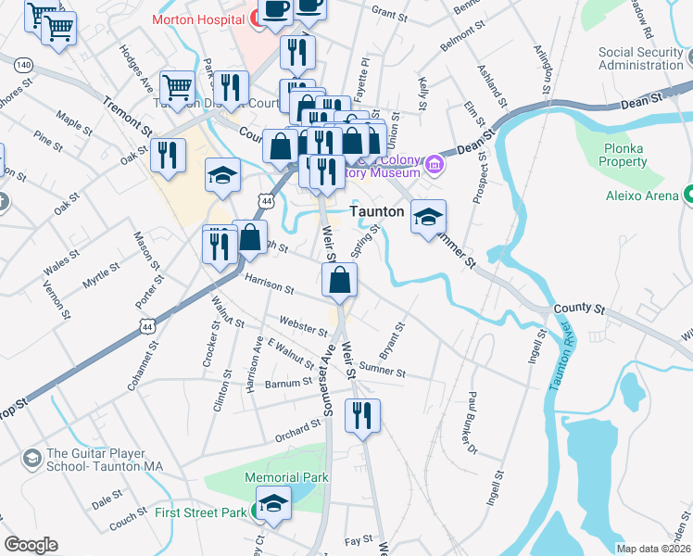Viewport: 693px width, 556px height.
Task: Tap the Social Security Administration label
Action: click(x=640, y=58)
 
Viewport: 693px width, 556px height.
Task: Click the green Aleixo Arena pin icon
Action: click(x=689, y=195)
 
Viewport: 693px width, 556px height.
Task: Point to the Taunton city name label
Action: click(x=377, y=211)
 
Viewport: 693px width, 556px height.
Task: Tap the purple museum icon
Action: click(x=435, y=168)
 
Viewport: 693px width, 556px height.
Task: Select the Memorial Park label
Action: click(x=274, y=477)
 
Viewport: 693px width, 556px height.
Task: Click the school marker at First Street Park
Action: click(x=273, y=503)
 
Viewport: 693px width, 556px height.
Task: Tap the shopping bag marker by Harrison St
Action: click(x=340, y=279)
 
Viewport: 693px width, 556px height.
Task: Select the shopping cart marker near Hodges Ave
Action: click(x=178, y=89)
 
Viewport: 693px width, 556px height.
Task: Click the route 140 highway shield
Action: click(x=23, y=64)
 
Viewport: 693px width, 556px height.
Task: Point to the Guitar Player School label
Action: click(x=104, y=460)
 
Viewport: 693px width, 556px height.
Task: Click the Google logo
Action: click(x=31, y=545)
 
